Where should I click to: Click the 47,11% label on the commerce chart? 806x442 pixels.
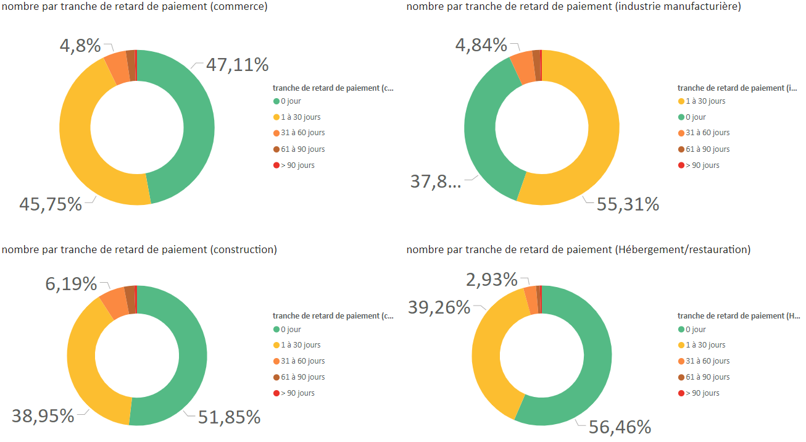(238, 65)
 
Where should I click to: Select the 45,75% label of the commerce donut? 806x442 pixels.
(51, 204)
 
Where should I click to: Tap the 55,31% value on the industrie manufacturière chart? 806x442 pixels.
(628, 204)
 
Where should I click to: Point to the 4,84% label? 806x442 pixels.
(481, 45)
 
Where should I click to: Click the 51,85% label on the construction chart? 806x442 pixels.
(229, 417)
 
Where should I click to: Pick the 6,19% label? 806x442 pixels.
(71, 284)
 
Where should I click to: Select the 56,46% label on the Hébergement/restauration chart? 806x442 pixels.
(620, 427)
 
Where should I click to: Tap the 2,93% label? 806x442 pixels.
(492, 280)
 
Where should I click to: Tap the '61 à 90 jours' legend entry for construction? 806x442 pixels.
(302, 377)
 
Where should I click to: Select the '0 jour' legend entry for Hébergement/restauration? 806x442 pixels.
(696, 330)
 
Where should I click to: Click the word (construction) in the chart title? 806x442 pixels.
(244, 250)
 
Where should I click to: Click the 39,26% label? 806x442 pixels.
(439, 307)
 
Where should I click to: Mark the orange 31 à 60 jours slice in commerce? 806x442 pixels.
(117, 68)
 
